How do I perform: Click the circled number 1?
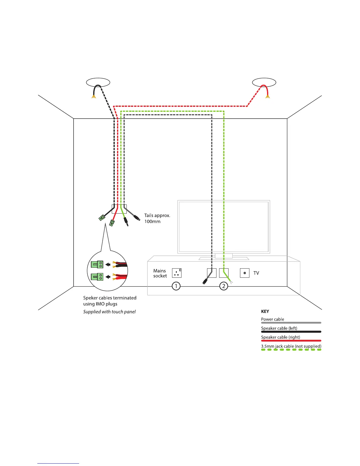coord(176,286)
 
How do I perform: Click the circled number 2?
coord(224,286)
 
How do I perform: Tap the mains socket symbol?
coord(177,273)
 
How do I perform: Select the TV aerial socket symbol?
coord(245,273)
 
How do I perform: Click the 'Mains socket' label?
coord(160,273)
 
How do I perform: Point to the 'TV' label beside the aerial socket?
coord(256,273)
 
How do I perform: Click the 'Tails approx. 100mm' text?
coord(157,218)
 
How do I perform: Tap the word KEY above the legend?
coord(265,311)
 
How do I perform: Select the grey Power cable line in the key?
coord(291,323)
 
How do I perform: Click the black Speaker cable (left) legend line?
coord(291,332)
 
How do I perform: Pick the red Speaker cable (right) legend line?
coord(291,341)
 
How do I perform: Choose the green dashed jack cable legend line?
coord(291,350)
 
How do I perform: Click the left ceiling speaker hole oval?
coord(98,82)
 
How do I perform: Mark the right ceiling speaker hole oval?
coord(264,82)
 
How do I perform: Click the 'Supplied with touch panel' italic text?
coord(109,312)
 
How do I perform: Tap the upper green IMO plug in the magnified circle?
coord(97,264)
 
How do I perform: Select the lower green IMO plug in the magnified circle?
coord(97,277)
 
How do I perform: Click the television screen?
coord(224,227)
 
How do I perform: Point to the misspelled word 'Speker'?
coord(90,298)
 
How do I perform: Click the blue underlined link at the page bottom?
coord(58,463)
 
